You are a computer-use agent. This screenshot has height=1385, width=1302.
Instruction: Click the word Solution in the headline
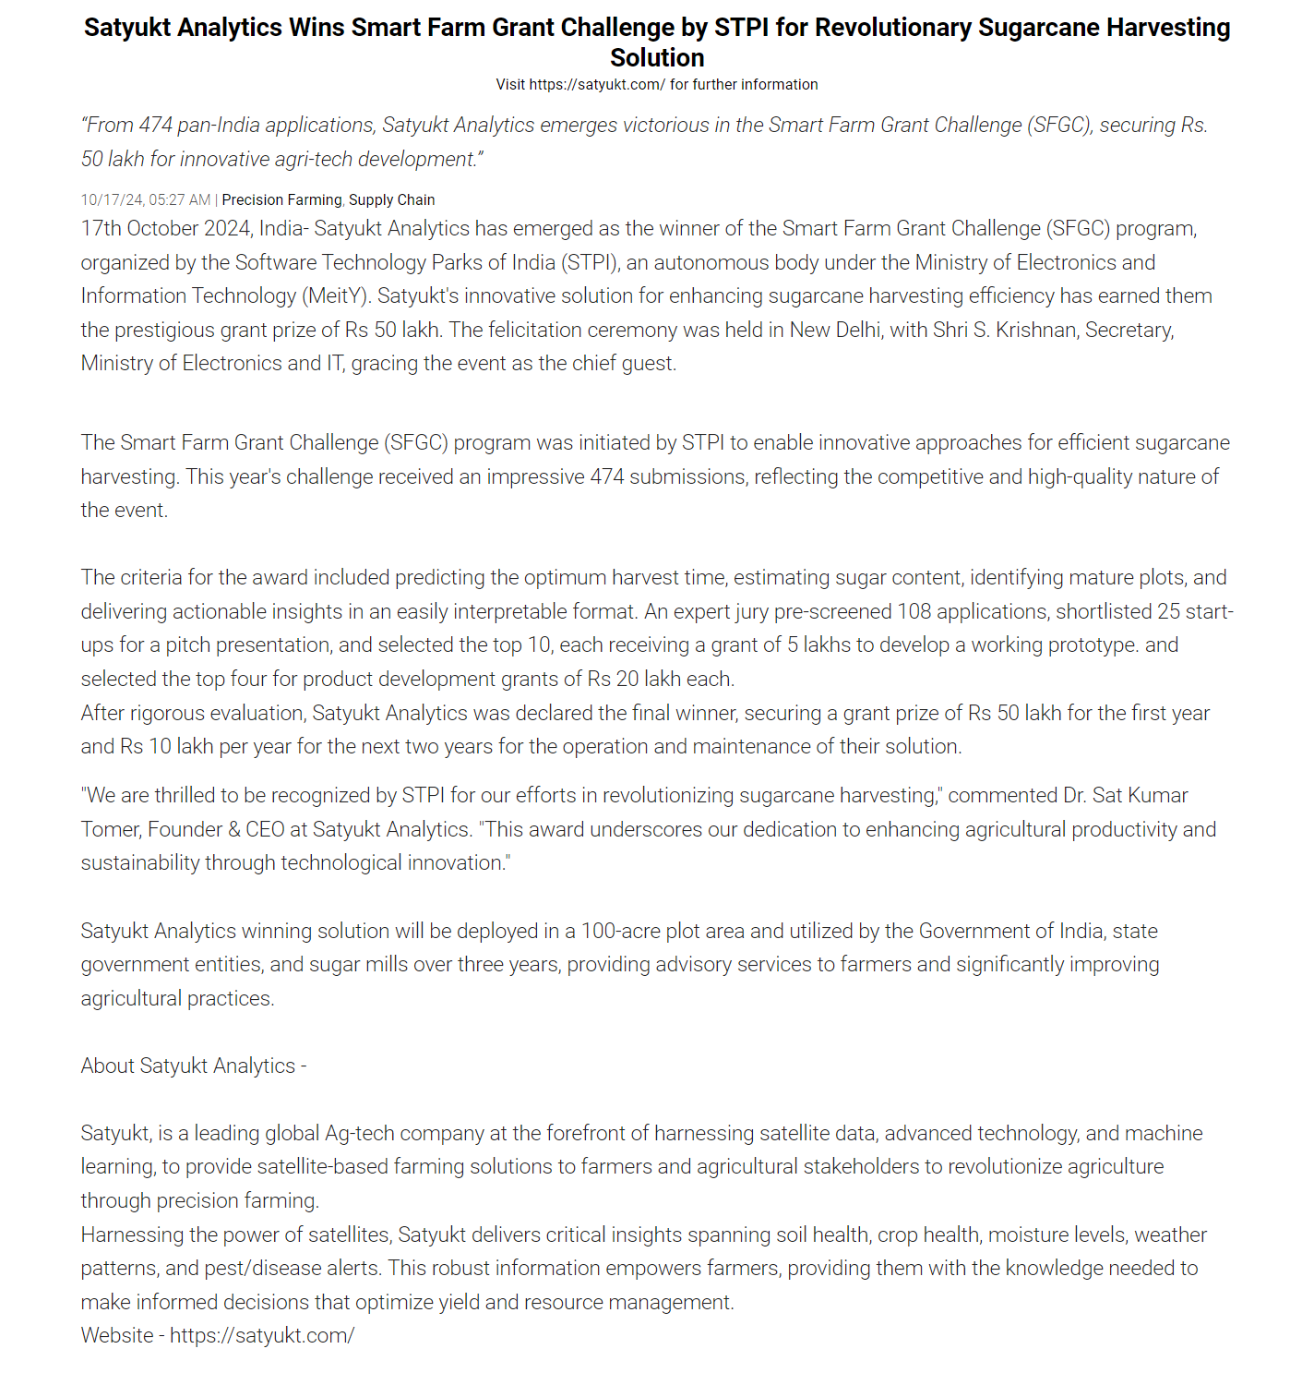coord(657,58)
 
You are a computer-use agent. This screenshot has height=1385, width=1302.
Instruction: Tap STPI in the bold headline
coord(742,28)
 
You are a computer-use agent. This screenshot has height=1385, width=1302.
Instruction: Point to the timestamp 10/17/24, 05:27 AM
coord(146,200)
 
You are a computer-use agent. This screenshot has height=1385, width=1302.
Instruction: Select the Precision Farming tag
coord(281,200)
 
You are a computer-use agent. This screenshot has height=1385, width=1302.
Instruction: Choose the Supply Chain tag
coord(391,200)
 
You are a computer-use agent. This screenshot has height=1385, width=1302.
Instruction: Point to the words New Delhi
coord(834,331)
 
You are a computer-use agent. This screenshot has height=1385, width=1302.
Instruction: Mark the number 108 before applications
coord(914,612)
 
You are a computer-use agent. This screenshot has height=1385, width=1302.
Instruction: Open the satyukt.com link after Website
coord(262,1336)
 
